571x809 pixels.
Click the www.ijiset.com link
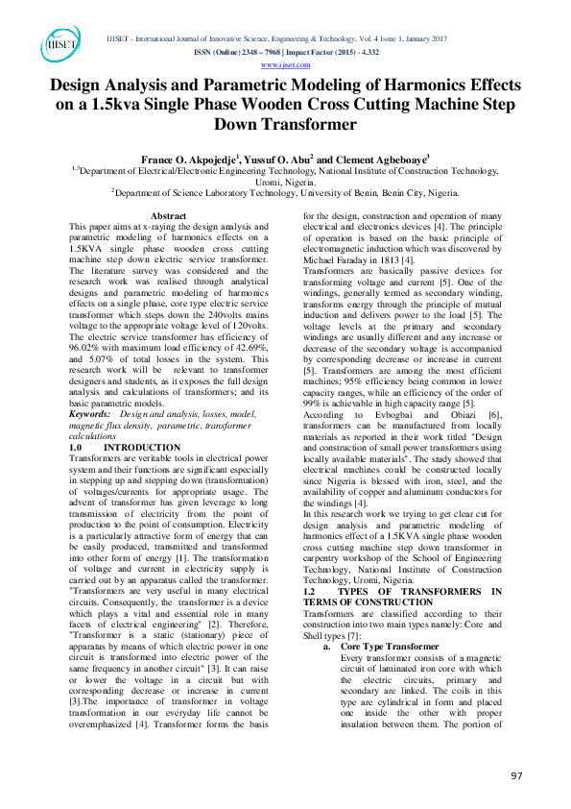(285, 64)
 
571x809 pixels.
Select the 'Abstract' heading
(169, 216)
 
